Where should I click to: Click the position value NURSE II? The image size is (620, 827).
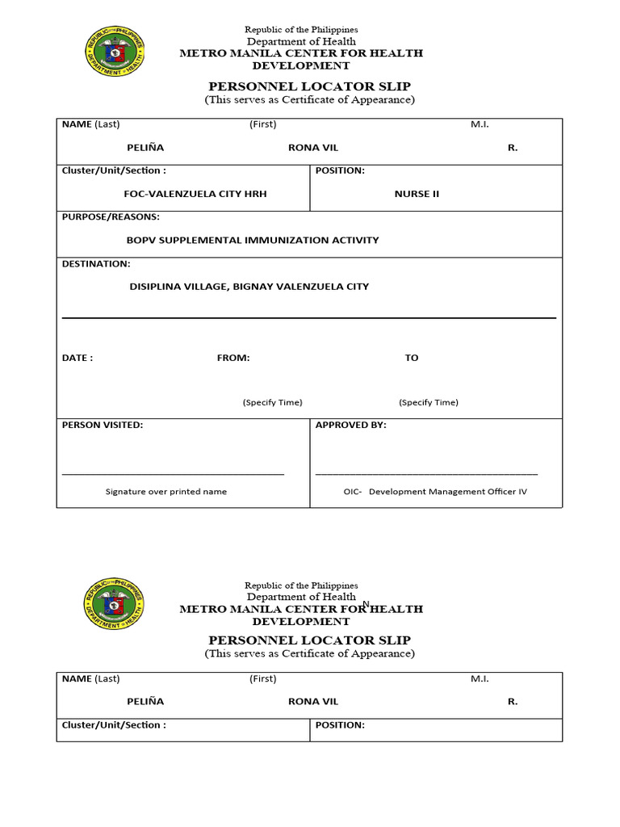pos(417,194)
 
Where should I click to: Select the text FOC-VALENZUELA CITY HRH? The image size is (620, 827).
pos(195,194)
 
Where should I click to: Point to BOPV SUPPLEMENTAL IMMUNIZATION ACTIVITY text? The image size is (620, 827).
pos(252,240)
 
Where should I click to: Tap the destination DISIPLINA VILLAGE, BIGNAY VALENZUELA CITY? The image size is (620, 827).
pos(249,287)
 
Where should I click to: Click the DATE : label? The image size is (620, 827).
pos(77,358)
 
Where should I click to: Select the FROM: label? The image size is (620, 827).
pos(233,358)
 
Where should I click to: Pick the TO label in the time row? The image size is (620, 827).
pos(412,358)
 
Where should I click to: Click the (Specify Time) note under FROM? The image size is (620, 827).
pos(272,402)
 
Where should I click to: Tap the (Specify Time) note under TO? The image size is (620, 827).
pos(428,402)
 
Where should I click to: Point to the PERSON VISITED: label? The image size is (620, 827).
pos(103,425)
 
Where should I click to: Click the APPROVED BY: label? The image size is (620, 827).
pos(350,425)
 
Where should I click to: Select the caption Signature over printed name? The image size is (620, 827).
pos(166,492)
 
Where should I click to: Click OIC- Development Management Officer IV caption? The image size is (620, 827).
pos(435,492)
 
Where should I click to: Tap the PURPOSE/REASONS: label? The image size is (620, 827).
pos(111,217)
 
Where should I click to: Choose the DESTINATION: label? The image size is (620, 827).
pos(96,264)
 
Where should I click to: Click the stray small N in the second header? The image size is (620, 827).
pos(366,603)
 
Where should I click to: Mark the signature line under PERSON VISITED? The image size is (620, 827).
pos(173,474)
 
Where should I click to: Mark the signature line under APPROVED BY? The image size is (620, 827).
pos(426,474)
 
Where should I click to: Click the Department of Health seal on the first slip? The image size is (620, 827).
pos(115,52)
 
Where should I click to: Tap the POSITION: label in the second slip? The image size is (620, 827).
pos(340,725)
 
